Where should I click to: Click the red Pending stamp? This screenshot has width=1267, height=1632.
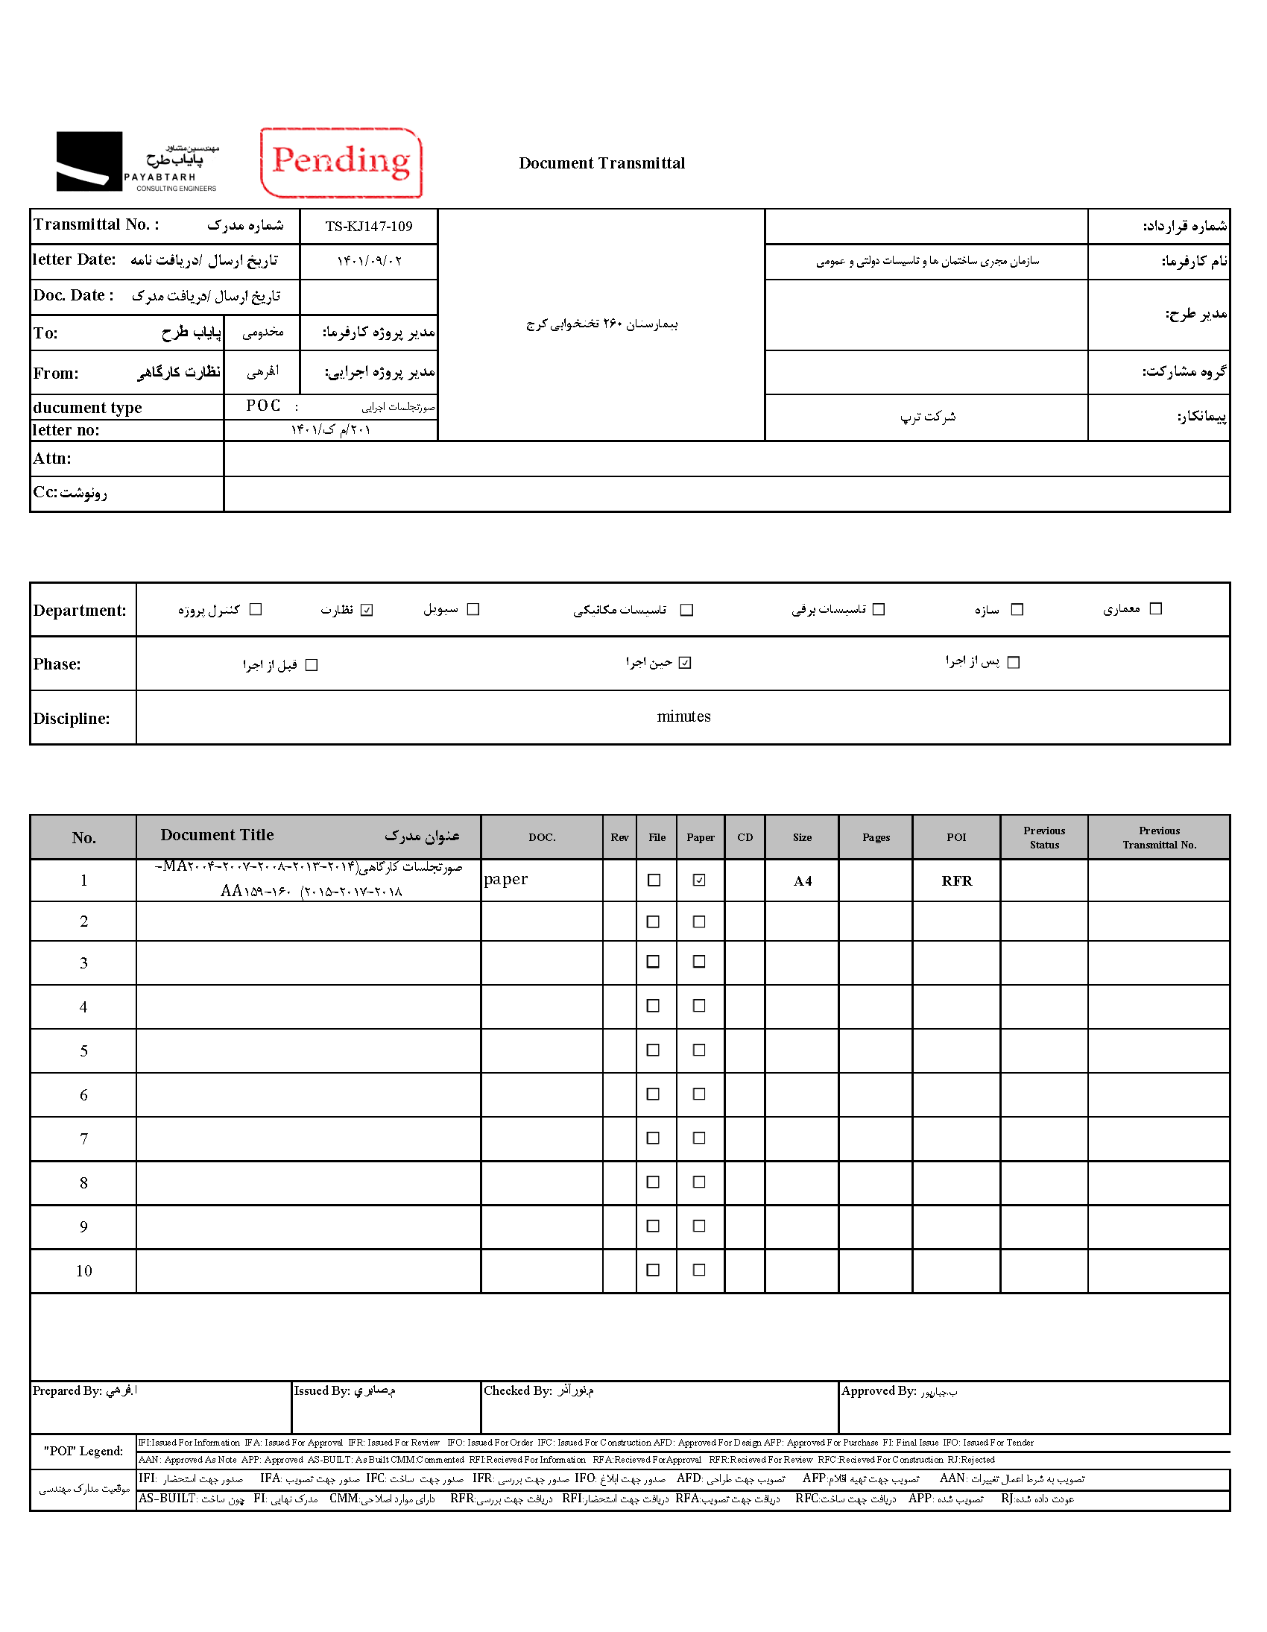click(x=341, y=162)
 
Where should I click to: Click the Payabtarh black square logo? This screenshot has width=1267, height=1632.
click(x=89, y=160)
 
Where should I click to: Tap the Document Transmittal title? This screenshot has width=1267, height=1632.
click(x=601, y=163)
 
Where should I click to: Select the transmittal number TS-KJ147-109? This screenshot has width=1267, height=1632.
click(x=368, y=227)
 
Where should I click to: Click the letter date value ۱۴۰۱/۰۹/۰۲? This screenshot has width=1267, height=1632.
click(x=369, y=261)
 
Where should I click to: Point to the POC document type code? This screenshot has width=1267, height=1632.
click(x=263, y=406)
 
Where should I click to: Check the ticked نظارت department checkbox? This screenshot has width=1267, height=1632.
click(x=367, y=610)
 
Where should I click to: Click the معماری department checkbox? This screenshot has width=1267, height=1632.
click(x=1156, y=608)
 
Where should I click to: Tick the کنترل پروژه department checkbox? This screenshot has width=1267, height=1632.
click(x=256, y=609)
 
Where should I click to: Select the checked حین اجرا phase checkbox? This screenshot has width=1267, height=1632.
click(x=685, y=663)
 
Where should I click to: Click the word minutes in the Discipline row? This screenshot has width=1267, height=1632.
click(x=683, y=716)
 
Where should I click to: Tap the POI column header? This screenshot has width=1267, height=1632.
click(x=956, y=837)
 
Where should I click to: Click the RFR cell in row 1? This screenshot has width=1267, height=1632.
click(x=956, y=881)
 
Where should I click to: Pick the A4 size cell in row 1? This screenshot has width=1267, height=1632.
click(x=803, y=881)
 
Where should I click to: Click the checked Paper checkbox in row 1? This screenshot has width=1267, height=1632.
click(x=699, y=880)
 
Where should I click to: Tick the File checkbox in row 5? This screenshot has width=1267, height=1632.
click(x=653, y=1050)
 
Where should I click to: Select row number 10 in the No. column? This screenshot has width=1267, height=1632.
click(x=83, y=1270)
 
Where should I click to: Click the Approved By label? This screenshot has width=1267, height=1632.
click(x=878, y=1390)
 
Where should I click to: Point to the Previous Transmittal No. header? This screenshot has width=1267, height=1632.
click(x=1159, y=837)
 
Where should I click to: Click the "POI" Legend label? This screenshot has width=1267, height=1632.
click(x=83, y=1450)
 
